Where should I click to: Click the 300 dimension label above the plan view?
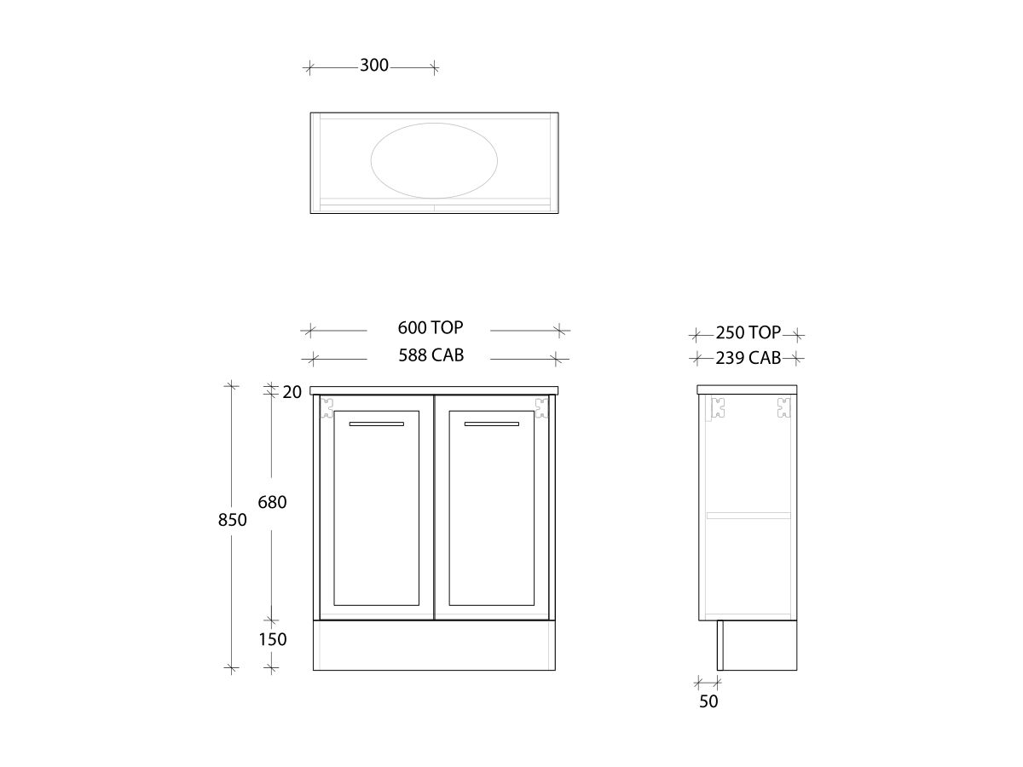(x=373, y=66)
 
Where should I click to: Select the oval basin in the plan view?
(x=435, y=159)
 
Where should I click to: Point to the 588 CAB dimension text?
(x=431, y=355)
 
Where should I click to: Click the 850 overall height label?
(x=232, y=519)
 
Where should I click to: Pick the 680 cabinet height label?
(x=272, y=502)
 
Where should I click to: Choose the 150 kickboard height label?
(x=272, y=639)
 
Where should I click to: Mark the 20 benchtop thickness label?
(x=292, y=392)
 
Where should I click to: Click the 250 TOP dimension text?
(x=748, y=333)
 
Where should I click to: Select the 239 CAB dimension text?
(x=748, y=358)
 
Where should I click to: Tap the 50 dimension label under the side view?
(x=708, y=701)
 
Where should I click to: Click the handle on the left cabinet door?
(x=376, y=423)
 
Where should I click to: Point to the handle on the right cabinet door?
(x=491, y=423)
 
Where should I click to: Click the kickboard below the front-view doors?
(x=435, y=645)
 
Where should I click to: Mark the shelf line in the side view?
(x=748, y=515)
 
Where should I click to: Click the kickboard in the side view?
(x=757, y=645)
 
